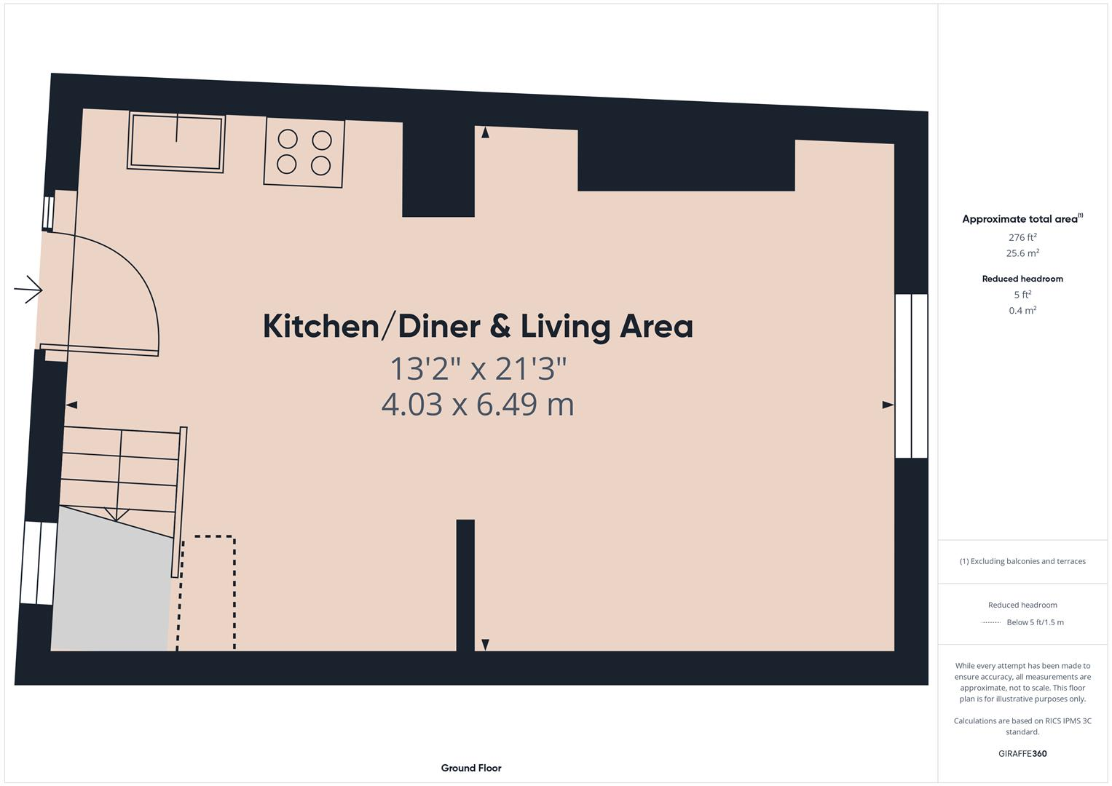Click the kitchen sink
pos(176,143)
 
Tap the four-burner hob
pos(304,153)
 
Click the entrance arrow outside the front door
pos(28,290)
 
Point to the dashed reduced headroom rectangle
pos(208,593)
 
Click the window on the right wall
pos(910,376)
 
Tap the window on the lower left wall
pos(38,563)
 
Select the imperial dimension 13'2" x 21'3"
pos(478,369)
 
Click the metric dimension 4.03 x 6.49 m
pos(478,404)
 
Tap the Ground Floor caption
pos(470,768)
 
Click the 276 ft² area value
pos(1022,237)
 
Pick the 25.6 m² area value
pos(1022,253)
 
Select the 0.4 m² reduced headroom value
pos(1022,311)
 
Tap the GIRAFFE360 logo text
pos(1022,753)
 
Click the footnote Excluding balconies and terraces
pos(1022,561)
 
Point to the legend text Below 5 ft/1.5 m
pos(1034,622)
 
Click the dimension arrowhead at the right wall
pos(888,405)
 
